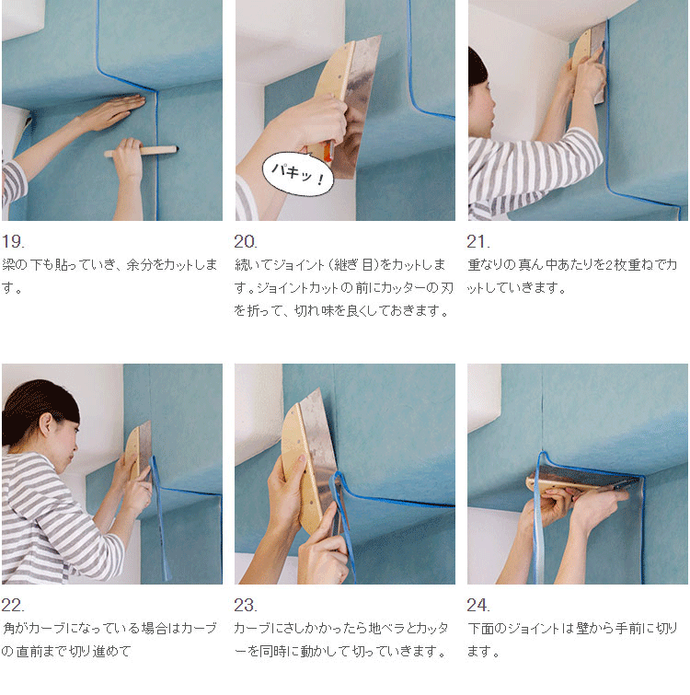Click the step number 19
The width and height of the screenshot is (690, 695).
(x=13, y=241)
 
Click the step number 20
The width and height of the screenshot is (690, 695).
(x=246, y=241)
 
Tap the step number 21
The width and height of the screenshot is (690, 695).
(x=478, y=241)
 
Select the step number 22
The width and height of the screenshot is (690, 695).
(x=13, y=605)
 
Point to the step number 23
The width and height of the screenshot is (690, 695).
(x=246, y=605)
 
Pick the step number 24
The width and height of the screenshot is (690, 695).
(x=478, y=605)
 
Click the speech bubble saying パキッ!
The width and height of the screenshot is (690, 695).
(x=297, y=174)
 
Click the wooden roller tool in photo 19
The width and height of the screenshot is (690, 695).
(x=142, y=151)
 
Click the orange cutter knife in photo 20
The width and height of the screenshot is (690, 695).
(x=328, y=152)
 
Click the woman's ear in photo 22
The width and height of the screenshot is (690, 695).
(x=46, y=423)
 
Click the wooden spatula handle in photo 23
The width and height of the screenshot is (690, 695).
(x=299, y=469)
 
